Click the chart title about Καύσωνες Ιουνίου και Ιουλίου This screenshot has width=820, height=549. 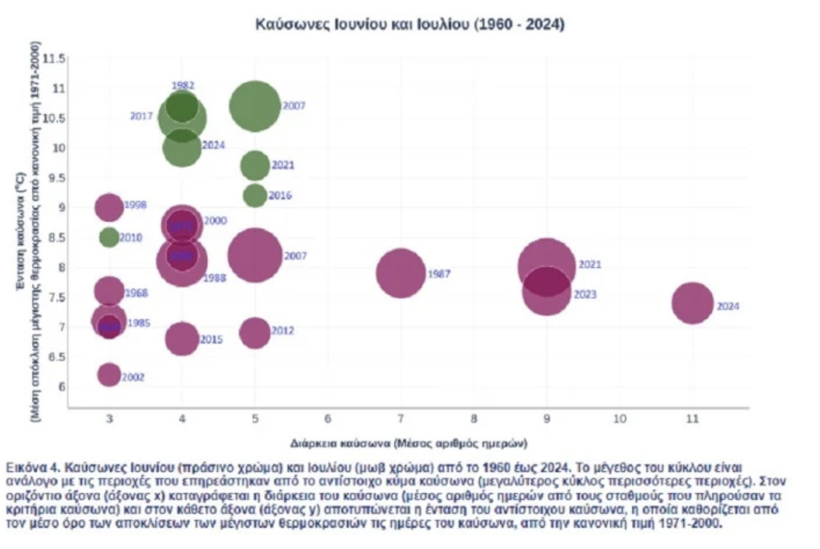point(409,24)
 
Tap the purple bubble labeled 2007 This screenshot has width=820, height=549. point(255,256)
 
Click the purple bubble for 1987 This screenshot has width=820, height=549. point(401,273)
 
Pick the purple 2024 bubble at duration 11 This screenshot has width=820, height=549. point(692,304)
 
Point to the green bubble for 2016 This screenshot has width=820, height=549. point(255,196)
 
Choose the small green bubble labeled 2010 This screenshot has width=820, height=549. point(109,238)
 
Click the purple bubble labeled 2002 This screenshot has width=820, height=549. point(109,375)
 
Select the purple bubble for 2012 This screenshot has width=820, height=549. point(255,333)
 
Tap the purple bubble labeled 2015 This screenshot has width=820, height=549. point(182,339)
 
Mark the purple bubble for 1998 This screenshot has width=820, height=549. point(109,208)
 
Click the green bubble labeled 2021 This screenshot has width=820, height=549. point(255,165)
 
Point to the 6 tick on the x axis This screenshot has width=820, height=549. point(328,419)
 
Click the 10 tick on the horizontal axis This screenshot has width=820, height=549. point(619,419)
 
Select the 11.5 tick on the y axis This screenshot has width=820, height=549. point(54,59)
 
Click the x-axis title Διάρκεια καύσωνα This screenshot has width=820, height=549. point(408,443)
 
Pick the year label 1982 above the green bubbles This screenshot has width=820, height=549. point(183,86)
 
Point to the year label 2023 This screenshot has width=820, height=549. point(585,295)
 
